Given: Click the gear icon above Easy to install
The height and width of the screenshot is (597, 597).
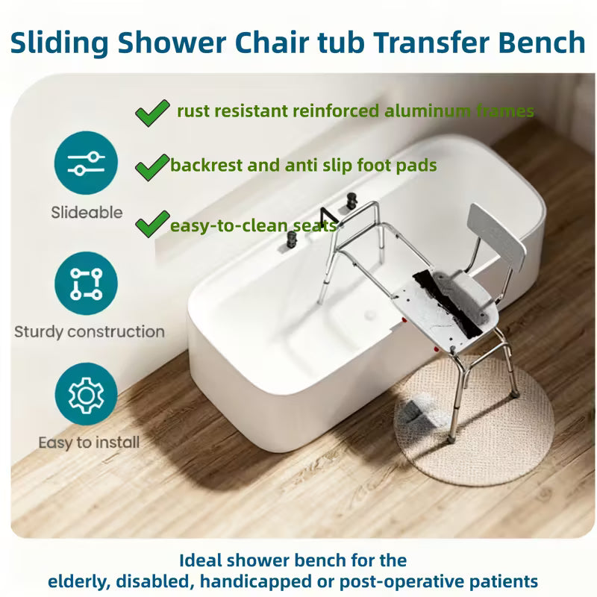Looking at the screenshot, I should (87, 393).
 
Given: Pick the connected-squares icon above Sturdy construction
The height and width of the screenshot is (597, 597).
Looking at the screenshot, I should (87, 283).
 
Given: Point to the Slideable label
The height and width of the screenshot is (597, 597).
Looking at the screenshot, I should (87, 213).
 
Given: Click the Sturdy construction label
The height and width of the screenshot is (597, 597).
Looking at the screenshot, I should (89, 331).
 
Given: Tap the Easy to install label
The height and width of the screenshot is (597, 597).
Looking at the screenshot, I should (89, 443).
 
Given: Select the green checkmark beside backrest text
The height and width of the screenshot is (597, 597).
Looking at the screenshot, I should (151, 165).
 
